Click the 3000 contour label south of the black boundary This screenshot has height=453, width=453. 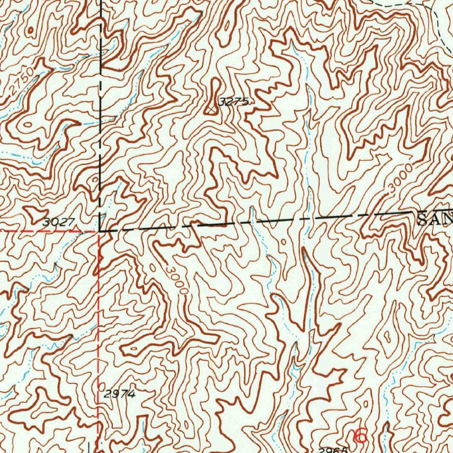[177, 281]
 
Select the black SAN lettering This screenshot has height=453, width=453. [435, 218]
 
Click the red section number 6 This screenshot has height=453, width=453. [361, 436]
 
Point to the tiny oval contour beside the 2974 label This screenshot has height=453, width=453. [98, 386]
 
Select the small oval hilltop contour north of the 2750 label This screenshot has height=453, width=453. [31, 31]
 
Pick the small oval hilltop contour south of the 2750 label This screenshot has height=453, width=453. [27, 125]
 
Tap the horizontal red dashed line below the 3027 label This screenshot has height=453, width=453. [49, 231]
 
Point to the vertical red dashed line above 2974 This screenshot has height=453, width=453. [98, 310]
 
